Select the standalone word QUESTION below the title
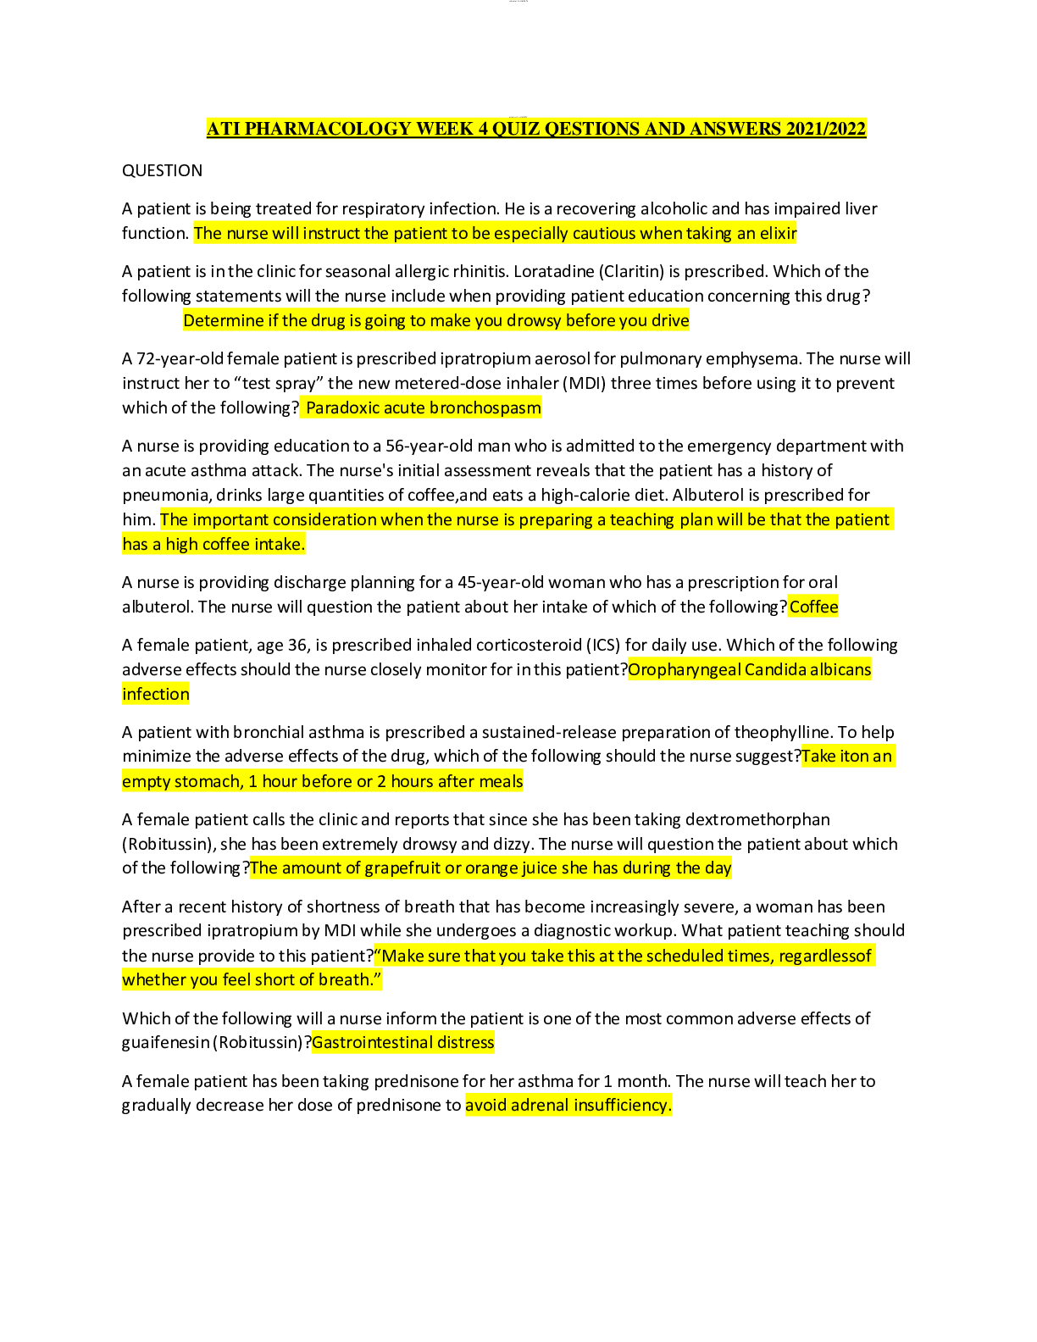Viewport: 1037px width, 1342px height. [162, 170]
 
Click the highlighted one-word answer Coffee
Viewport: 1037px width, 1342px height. [813, 607]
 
